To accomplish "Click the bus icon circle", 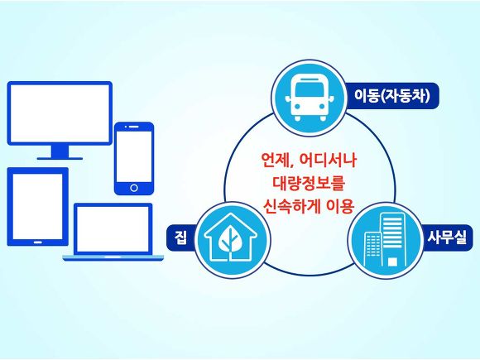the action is (x=309, y=98).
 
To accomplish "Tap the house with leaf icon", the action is (x=231, y=239).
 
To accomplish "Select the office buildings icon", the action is (x=385, y=240).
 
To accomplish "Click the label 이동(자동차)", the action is (x=392, y=96).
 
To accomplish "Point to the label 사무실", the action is (x=447, y=238).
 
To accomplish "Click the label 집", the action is (x=180, y=238).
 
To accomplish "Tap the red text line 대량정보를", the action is (x=309, y=183).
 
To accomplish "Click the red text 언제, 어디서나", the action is (x=309, y=160).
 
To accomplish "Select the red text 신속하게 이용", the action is (x=309, y=206).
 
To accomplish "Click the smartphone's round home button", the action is (x=134, y=188).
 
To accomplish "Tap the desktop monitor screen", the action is (x=60, y=113).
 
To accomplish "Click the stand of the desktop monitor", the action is (x=60, y=152).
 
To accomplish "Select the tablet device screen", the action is (x=37, y=205).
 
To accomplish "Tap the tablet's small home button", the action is (x=37, y=242).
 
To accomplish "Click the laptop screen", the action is (x=113, y=229).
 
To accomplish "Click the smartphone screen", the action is (x=134, y=156).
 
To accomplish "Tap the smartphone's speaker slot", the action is (x=135, y=127).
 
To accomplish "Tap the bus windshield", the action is (x=309, y=89).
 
